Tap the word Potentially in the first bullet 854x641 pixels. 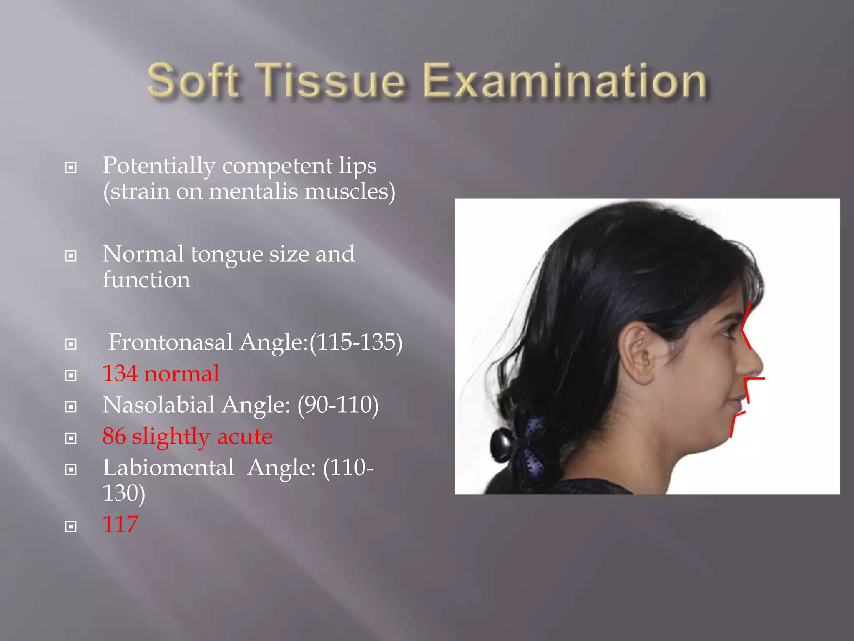coord(159,166)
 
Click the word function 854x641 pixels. coord(146,280)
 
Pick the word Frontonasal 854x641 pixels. coord(171,342)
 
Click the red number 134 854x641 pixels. coord(120,373)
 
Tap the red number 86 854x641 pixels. coord(114,437)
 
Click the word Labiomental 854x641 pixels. coord(168,468)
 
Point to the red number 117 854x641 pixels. coord(120,525)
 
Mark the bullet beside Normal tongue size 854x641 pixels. coord(71,256)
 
